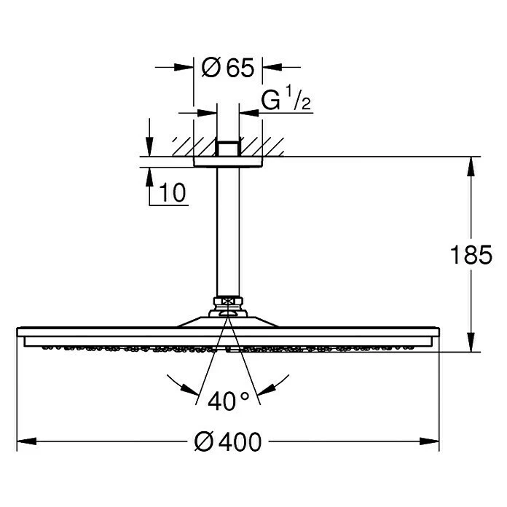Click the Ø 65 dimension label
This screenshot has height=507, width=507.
pyautogui.click(x=227, y=68)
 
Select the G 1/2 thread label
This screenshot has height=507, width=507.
pyautogui.click(x=286, y=101)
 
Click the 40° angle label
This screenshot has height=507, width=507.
pyautogui.click(x=228, y=400)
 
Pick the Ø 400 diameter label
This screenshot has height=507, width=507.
pyautogui.click(x=228, y=441)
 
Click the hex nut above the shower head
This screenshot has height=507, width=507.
pyautogui.click(x=228, y=300)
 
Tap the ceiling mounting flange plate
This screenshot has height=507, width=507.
pyautogui.click(x=228, y=162)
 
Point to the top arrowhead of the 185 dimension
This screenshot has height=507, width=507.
pyautogui.click(x=472, y=165)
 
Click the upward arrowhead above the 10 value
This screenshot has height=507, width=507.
pyautogui.click(x=149, y=174)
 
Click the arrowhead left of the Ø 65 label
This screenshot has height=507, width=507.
pyautogui.click(x=185, y=68)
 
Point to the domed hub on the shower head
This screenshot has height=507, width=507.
pyautogui.click(x=228, y=321)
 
